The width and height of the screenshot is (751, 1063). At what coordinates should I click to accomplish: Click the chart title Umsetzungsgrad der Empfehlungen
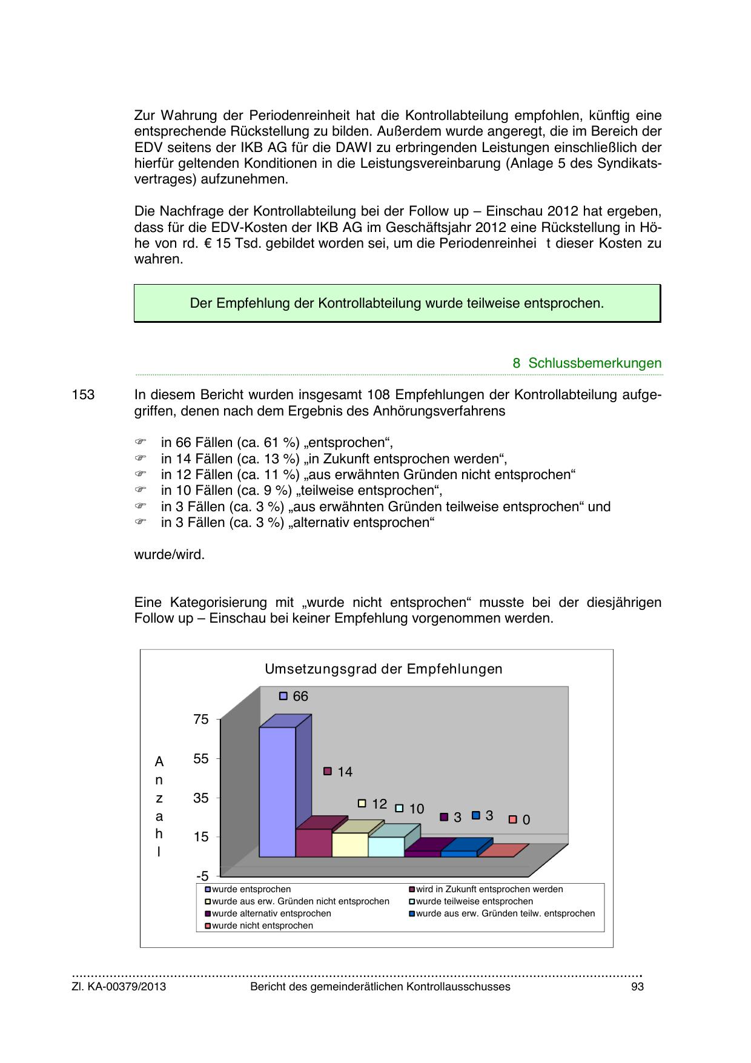pyautogui.click(x=383, y=669)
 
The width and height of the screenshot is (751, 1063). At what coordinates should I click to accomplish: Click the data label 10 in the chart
pyautogui.click(x=416, y=809)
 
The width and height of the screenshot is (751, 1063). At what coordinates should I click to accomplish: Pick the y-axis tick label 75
pyautogui.click(x=201, y=720)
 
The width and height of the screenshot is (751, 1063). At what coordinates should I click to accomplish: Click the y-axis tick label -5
pyautogui.click(x=202, y=876)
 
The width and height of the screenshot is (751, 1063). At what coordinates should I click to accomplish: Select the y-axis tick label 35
pyautogui.click(x=201, y=798)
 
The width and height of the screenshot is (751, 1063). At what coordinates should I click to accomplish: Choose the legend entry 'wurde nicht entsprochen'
pyautogui.click(x=262, y=926)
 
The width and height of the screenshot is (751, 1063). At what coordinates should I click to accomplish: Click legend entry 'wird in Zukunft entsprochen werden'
pyautogui.click(x=489, y=889)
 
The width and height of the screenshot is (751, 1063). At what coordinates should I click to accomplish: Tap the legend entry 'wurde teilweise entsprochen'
pyautogui.click(x=474, y=901)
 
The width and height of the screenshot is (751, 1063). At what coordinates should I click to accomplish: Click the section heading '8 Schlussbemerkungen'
pyautogui.click(x=587, y=363)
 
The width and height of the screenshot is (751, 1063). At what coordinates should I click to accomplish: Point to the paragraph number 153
pyautogui.click(x=83, y=395)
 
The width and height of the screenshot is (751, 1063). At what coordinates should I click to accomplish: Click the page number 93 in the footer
pyautogui.click(x=637, y=987)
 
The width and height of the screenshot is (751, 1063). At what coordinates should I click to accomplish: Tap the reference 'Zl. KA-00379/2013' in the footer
pyautogui.click(x=119, y=987)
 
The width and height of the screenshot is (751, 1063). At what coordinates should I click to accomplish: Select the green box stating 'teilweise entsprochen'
pyautogui.click(x=397, y=303)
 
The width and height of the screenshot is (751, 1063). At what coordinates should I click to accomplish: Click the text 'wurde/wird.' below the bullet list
pyautogui.click(x=169, y=555)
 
